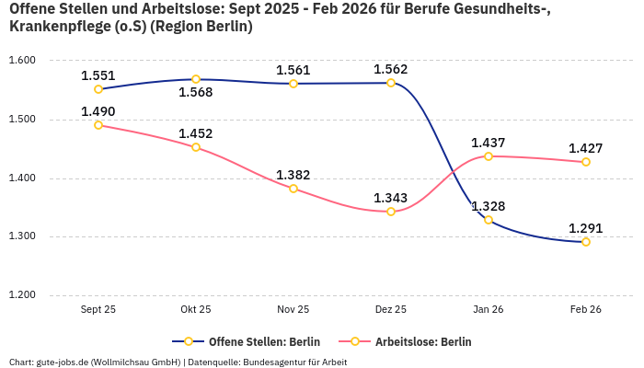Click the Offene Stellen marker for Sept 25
[98, 89]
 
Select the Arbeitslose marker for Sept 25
[98, 125]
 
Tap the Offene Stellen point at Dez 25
[391, 83]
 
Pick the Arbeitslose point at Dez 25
[391, 212]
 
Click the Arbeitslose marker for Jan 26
[489, 156]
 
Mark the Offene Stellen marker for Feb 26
[586, 242]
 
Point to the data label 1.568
[196, 93]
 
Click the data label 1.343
[391, 198]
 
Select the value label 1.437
[489, 143]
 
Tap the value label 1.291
[586, 228]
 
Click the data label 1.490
[98, 111]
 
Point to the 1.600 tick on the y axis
[21, 61]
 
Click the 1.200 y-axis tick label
[21, 295]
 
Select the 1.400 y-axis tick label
[21, 178]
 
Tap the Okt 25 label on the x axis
[196, 310]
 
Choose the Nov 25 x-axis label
[293, 310]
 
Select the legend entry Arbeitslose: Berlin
[423, 341]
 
